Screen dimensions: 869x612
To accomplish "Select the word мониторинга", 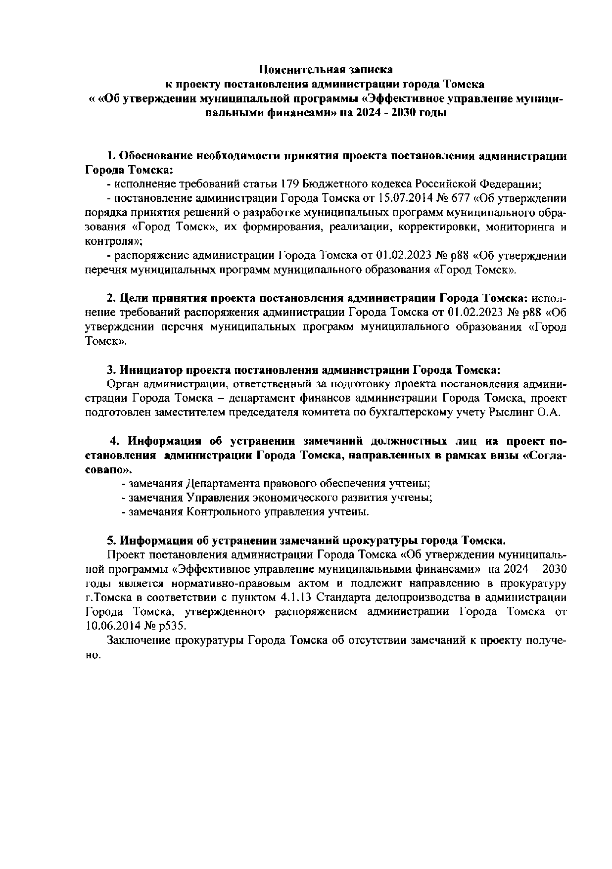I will point(518,227).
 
